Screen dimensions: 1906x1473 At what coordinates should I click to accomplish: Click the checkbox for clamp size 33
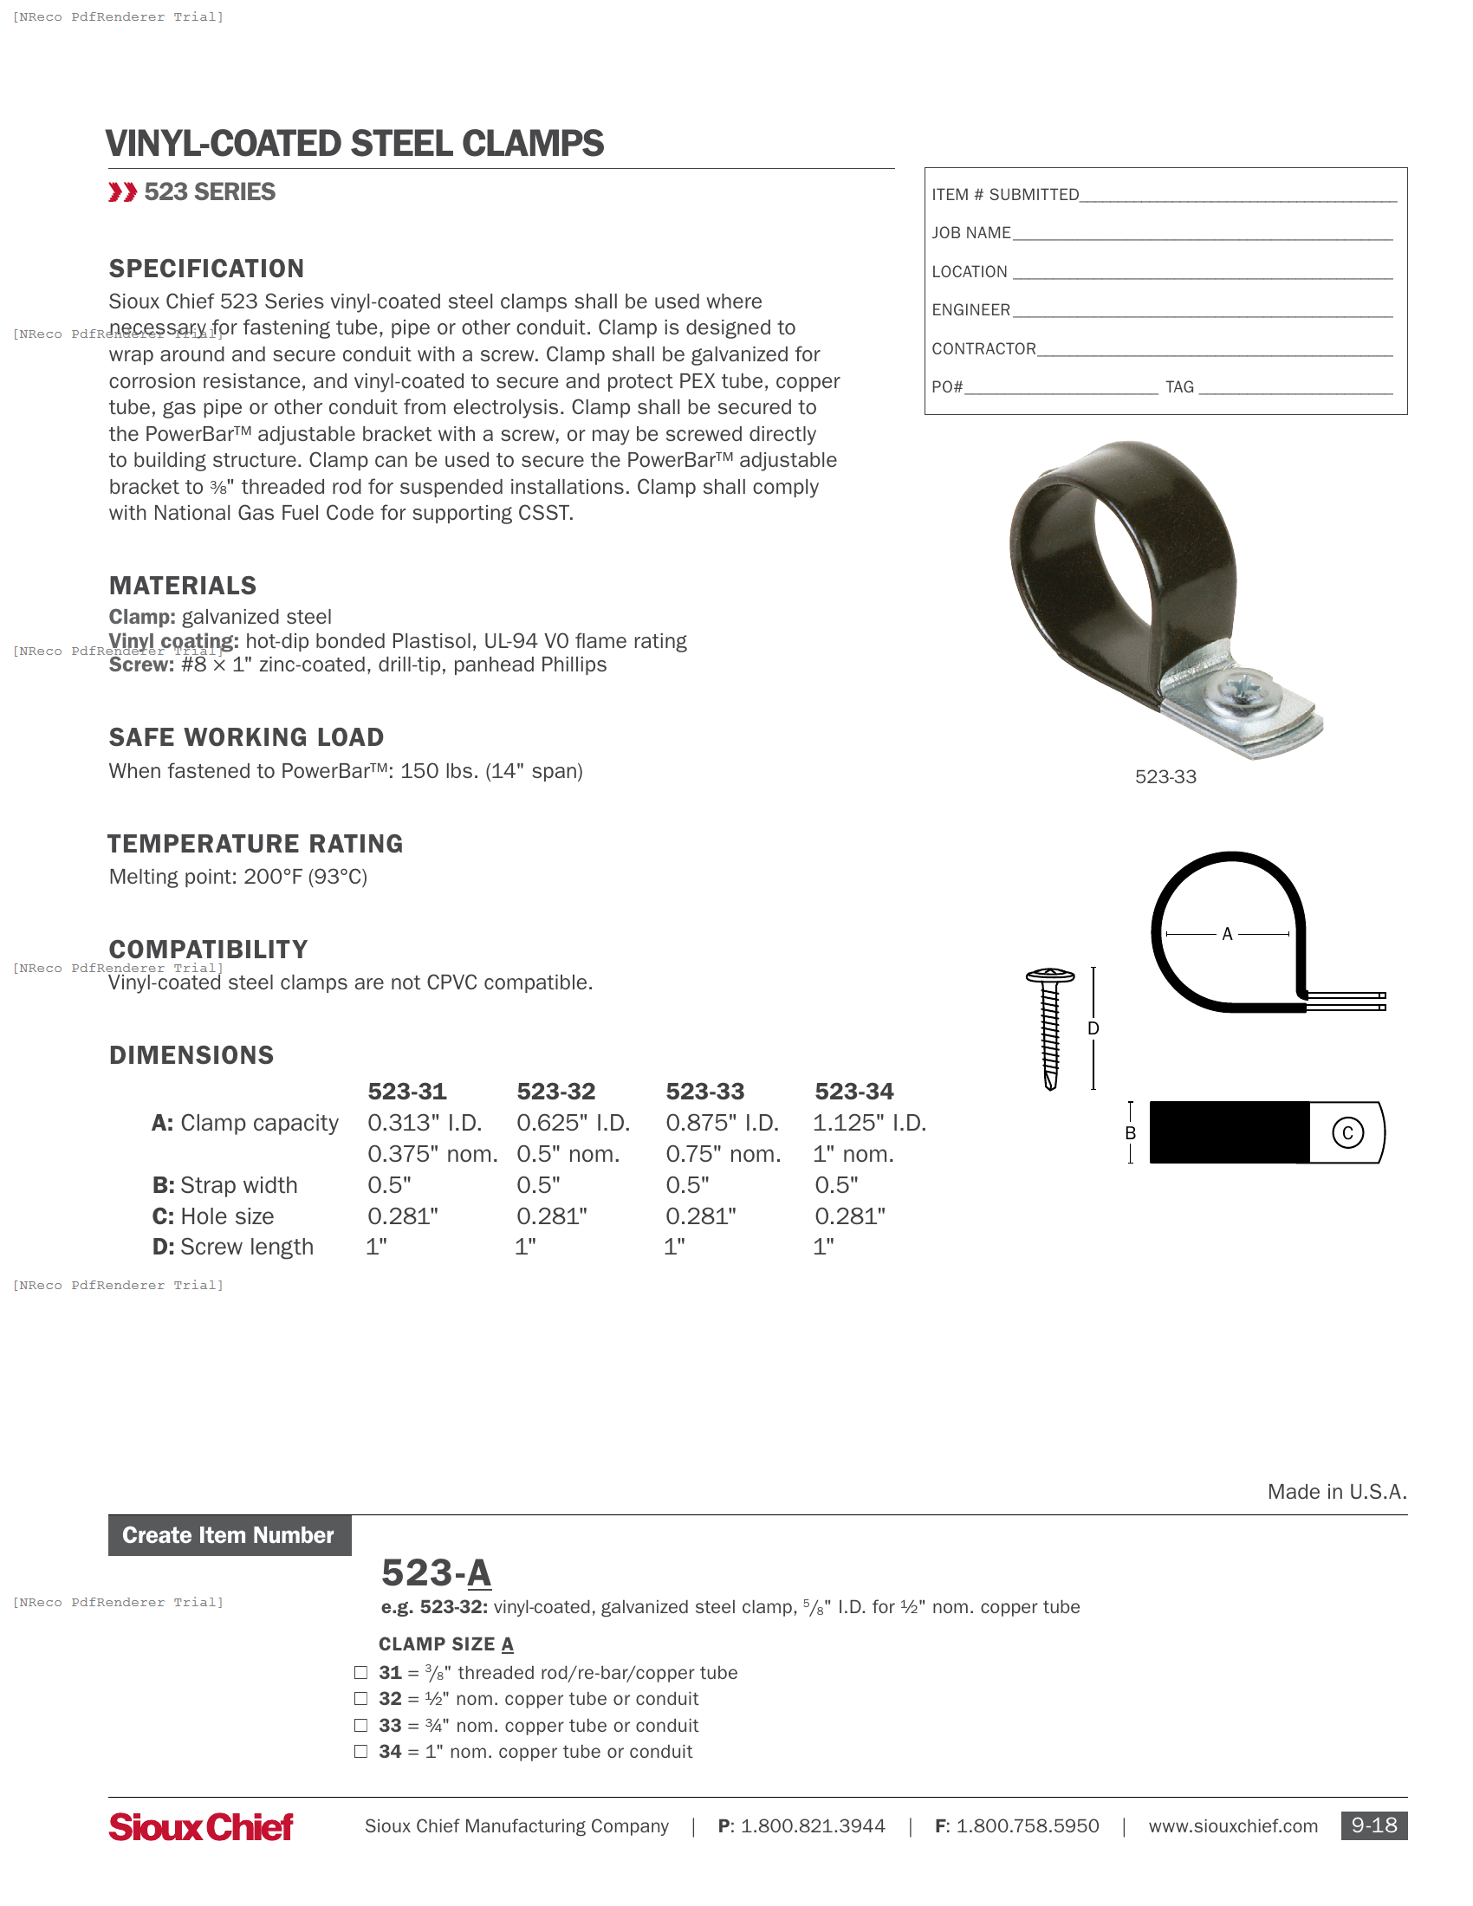point(360,1725)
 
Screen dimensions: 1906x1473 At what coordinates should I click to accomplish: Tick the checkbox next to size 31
point(360,1672)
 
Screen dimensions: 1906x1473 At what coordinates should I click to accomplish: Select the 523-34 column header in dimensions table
point(853,1091)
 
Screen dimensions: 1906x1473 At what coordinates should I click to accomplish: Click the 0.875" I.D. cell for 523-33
point(722,1122)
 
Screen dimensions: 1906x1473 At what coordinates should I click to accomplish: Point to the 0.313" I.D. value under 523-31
point(424,1122)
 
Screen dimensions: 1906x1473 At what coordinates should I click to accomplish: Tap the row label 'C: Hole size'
point(213,1216)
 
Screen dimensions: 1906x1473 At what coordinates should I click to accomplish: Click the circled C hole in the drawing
point(1347,1133)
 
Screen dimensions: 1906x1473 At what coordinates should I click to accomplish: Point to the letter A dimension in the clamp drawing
point(1227,934)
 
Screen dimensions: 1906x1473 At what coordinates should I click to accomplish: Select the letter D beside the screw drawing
point(1093,1028)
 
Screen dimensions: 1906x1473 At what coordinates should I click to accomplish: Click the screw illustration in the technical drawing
point(1051,1028)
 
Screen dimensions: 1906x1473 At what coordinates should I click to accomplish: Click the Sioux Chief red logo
point(201,1826)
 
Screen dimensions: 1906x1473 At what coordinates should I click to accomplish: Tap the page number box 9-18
point(1373,1825)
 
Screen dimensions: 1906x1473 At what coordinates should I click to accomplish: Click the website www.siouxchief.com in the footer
point(1232,1825)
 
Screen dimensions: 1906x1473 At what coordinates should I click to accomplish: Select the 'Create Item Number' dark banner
point(230,1535)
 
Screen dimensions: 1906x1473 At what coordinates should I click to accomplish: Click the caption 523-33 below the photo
point(1165,777)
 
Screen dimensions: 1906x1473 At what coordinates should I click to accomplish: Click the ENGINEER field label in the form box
point(970,310)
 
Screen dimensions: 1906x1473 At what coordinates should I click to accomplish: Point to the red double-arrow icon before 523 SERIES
point(122,192)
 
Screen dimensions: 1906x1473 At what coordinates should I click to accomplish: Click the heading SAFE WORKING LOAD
point(246,737)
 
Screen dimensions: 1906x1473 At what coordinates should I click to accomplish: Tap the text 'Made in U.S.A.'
point(1337,1492)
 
